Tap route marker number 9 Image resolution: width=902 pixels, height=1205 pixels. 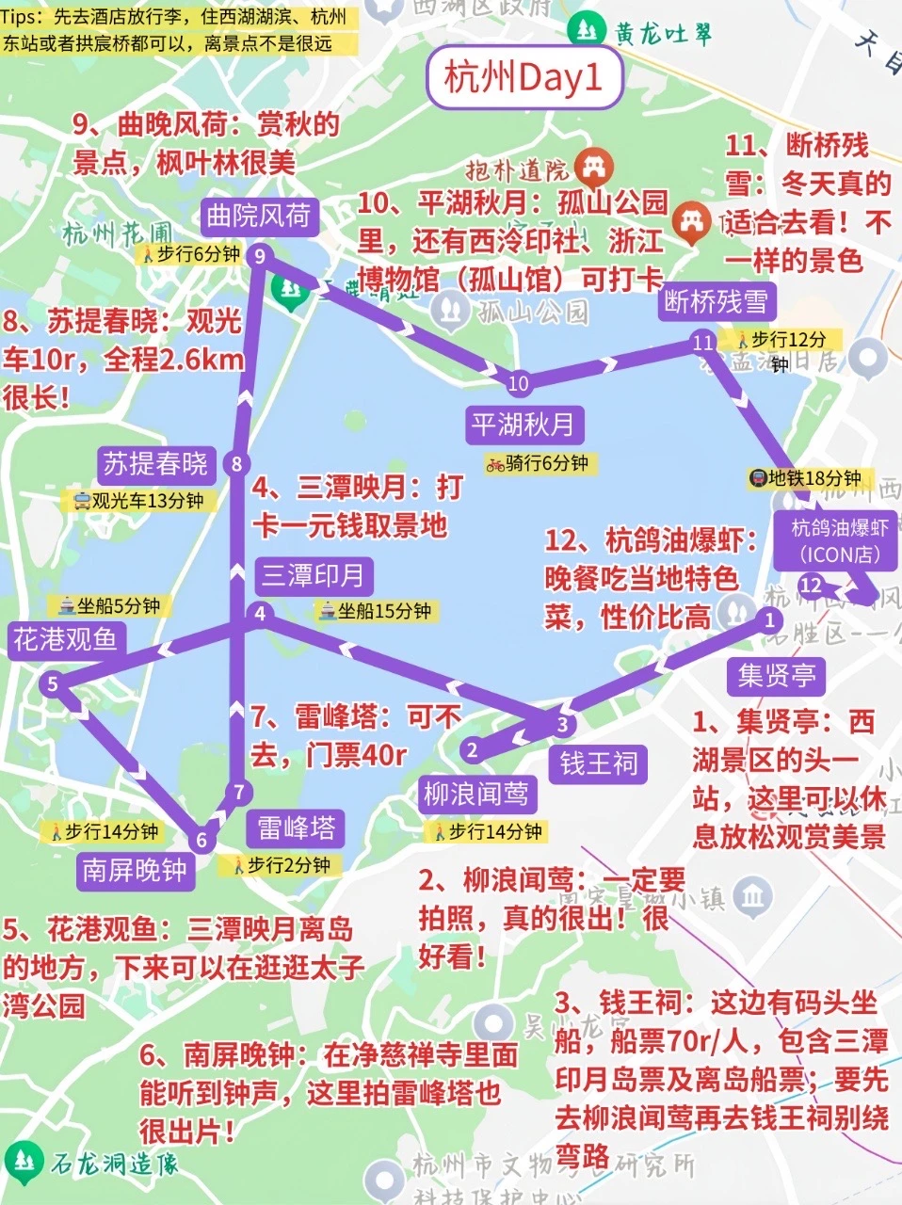click(x=259, y=255)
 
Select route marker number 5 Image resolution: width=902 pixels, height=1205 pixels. click(x=53, y=683)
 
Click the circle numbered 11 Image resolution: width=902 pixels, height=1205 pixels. click(x=701, y=343)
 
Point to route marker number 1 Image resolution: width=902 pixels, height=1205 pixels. click(x=769, y=619)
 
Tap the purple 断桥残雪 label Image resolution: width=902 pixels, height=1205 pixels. click(x=717, y=301)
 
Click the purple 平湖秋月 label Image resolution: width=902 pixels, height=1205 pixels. click(x=523, y=425)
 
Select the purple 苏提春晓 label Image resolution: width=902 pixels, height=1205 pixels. click(x=154, y=463)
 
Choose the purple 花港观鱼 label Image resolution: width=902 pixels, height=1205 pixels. click(x=65, y=639)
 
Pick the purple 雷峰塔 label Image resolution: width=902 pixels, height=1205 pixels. click(x=297, y=827)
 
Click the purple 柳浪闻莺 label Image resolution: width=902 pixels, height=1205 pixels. click(x=475, y=794)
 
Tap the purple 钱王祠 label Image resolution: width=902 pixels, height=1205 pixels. click(x=599, y=763)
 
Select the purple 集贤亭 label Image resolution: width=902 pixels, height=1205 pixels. click(x=777, y=674)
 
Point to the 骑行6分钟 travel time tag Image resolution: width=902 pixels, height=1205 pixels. click(x=538, y=463)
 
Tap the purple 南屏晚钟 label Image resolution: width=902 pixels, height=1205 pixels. click(x=135, y=869)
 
